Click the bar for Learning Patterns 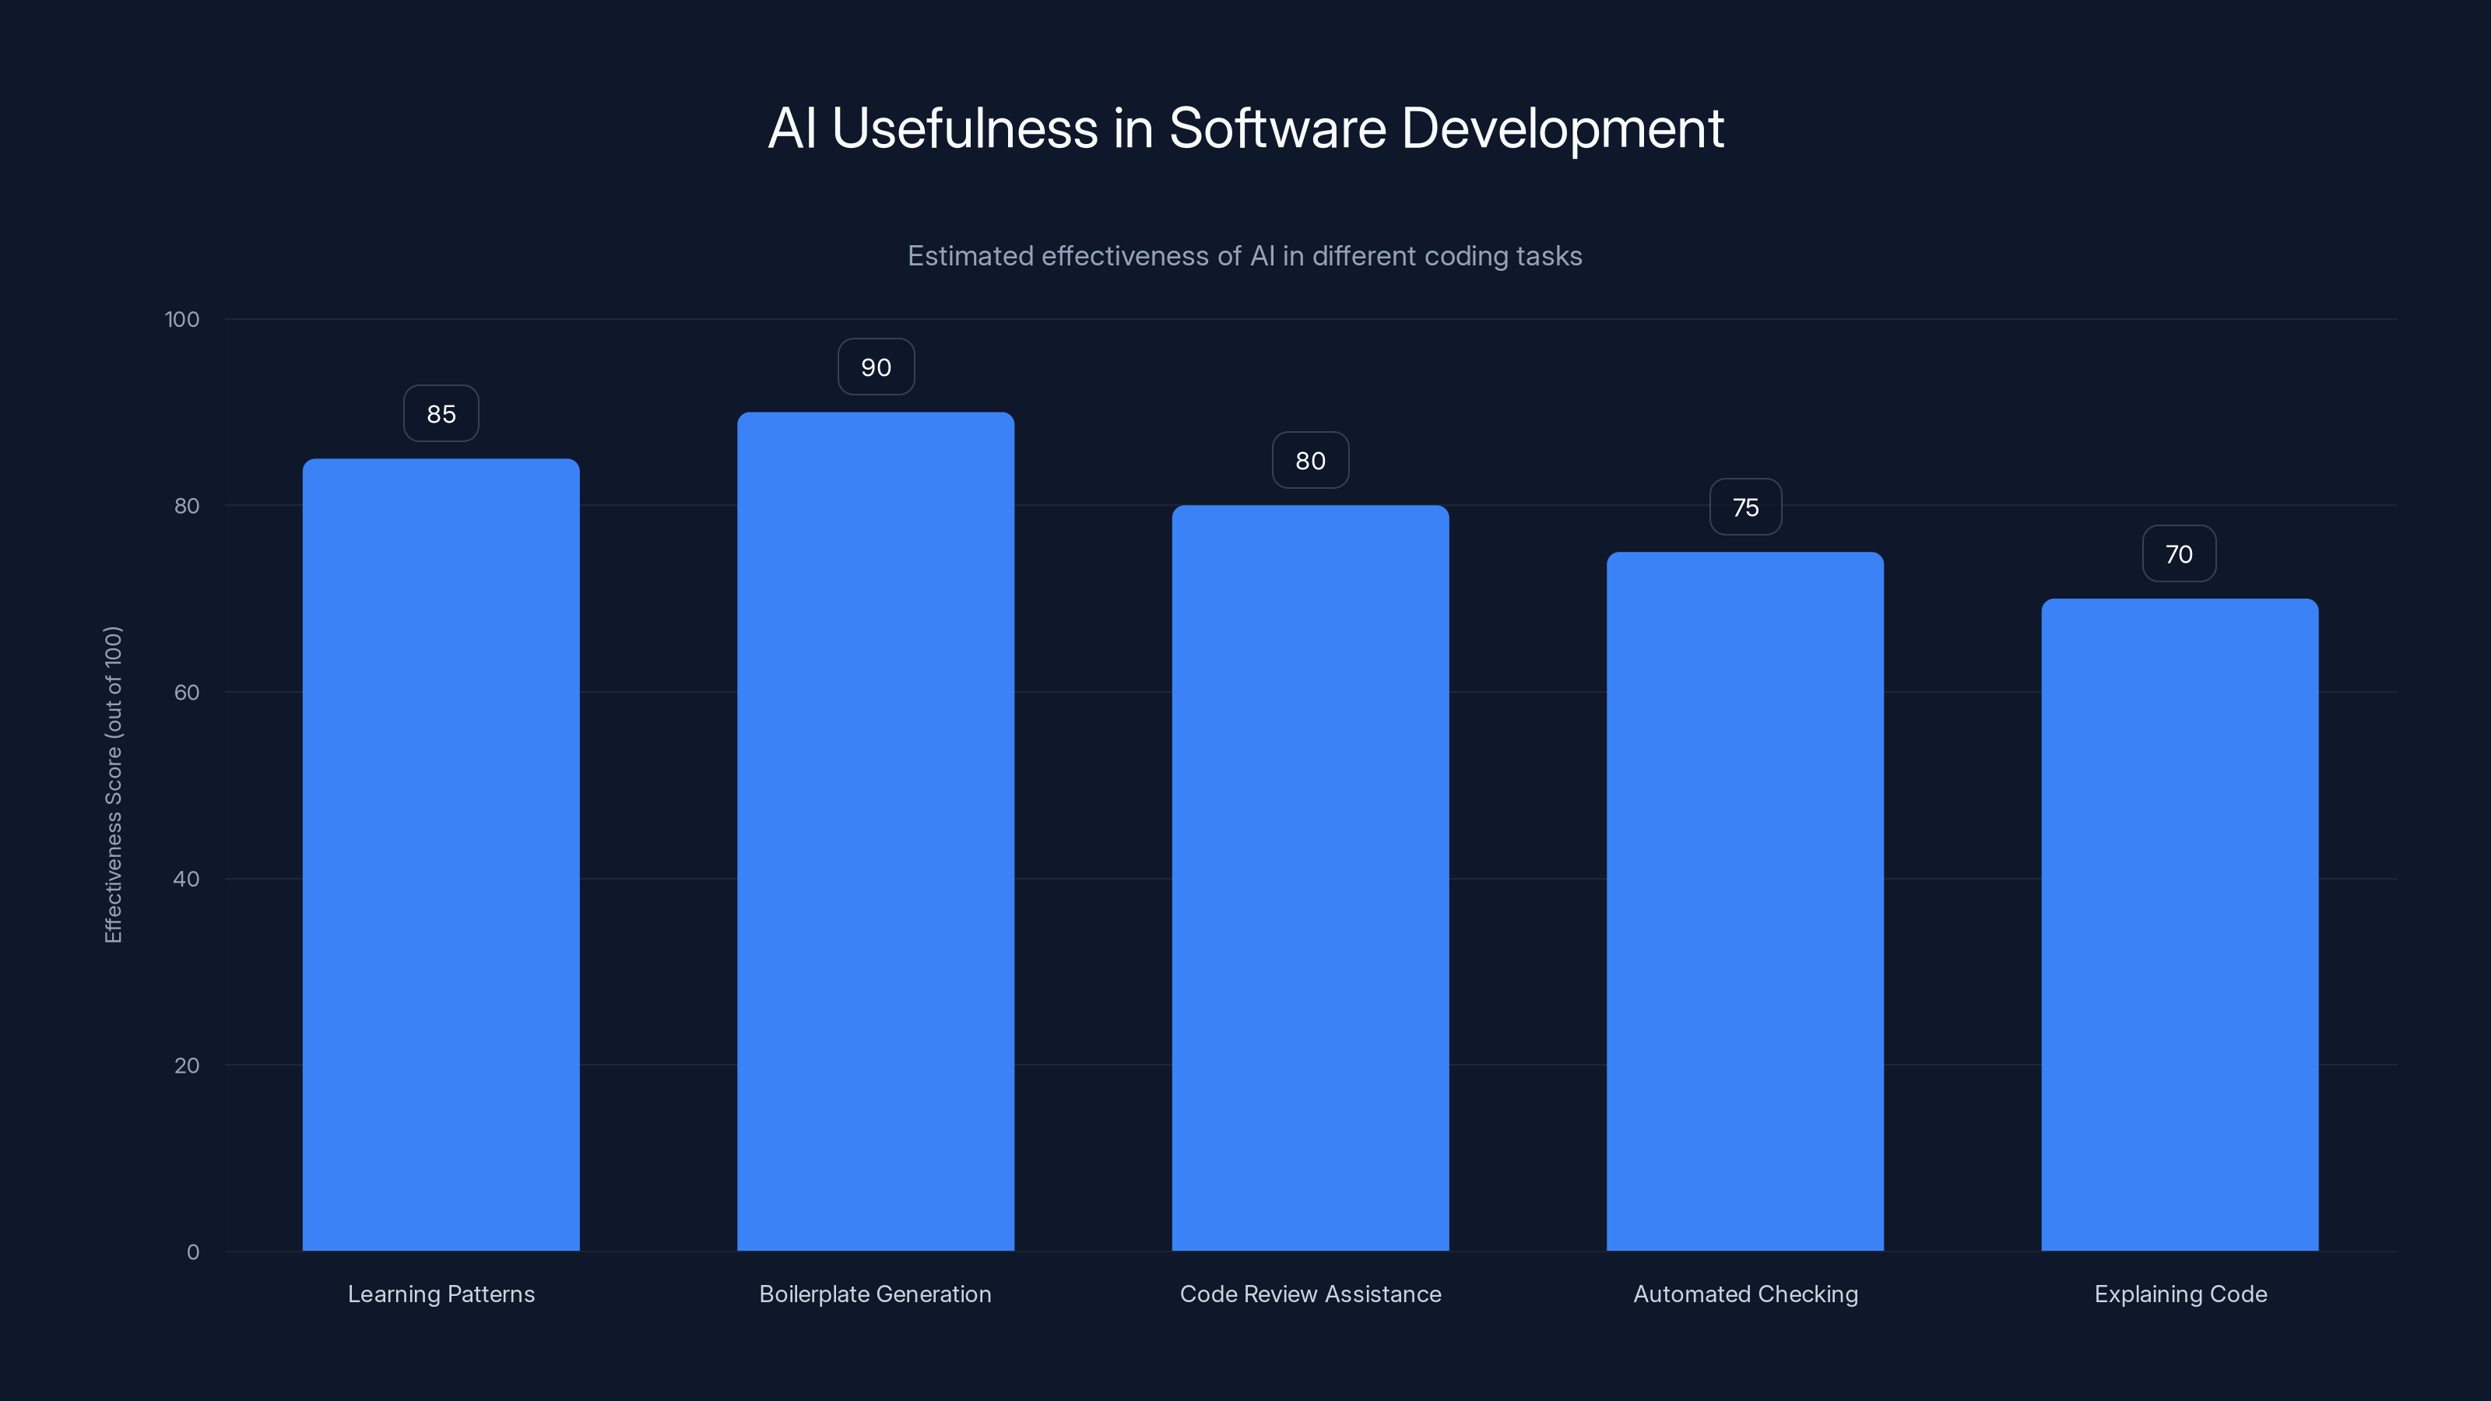pyautogui.click(x=441, y=855)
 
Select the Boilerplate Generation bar pyautogui.click(x=875, y=831)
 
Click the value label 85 pyautogui.click(x=441, y=414)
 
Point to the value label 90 pyautogui.click(x=875, y=367)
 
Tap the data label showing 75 pyautogui.click(x=1744, y=507)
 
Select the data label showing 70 pyautogui.click(x=2179, y=554)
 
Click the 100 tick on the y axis pyautogui.click(x=182, y=320)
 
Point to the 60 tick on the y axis pyautogui.click(x=187, y=692)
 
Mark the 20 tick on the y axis pyautogui.click(x=187, y=1066)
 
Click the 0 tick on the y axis pyautogui.click(x=192, y=1252)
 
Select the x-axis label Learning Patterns pyautogui.click(x=441, y=1294)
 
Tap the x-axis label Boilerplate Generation pyautogui.click(x=875, y=1294)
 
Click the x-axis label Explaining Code pyautogui.click(x=2180, y=1294)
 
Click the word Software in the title pyautogui.click(x=1277, y=128)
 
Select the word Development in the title pyautogui.click(x=1562, y=128)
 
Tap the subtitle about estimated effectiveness pyautogui.click(x=1245, y=256)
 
